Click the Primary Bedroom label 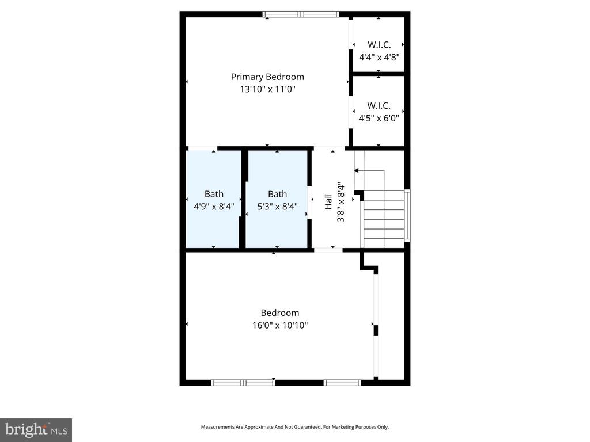point(267,77)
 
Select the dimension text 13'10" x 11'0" point(267,89)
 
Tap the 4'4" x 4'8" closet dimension point(379,57)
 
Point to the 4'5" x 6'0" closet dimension point(379,119)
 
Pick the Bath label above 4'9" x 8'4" point(214,194)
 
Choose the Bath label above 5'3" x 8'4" point(277,194)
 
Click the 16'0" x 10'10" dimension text point(280,325)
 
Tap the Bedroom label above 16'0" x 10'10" point(280,313)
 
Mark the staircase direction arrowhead point(357,170)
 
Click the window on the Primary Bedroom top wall point(300,14)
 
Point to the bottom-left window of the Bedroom point(243,382)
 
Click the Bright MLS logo point(36,430)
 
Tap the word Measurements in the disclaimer point(218,427)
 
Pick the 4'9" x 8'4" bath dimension point(214,206)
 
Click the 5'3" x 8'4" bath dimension point(277,206)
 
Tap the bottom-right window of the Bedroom point(342,382)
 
